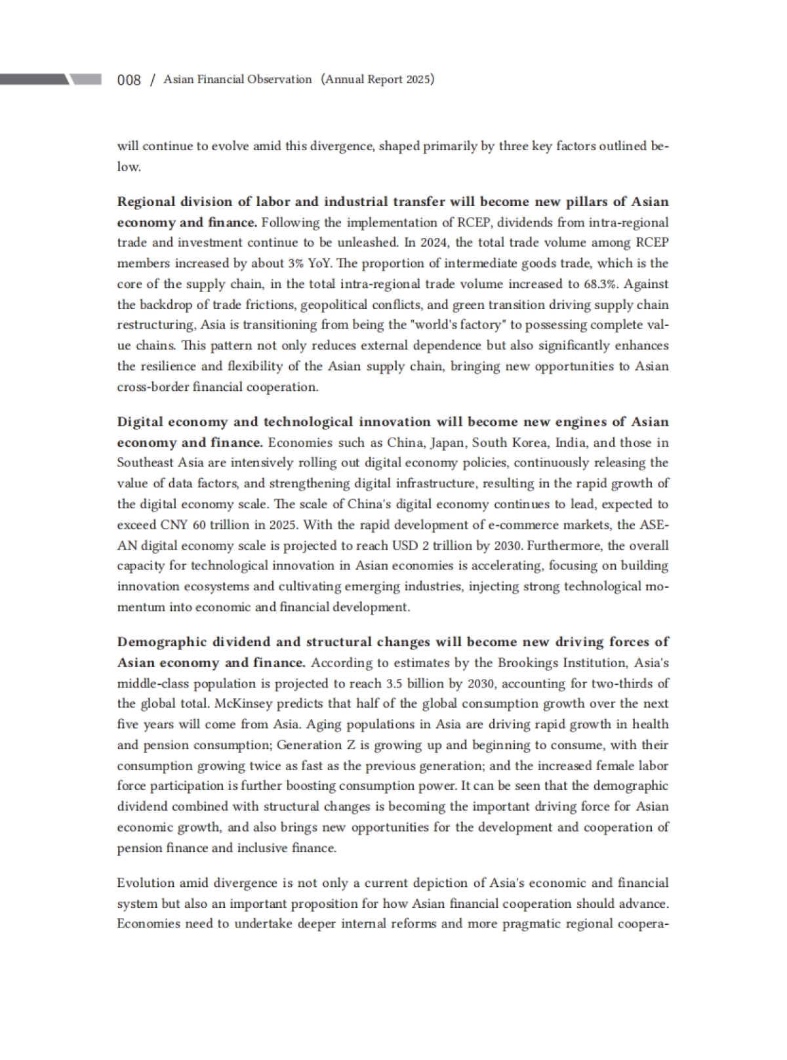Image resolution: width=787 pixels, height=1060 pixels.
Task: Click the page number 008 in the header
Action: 129,80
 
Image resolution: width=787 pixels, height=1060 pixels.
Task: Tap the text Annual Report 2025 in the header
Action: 378,79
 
